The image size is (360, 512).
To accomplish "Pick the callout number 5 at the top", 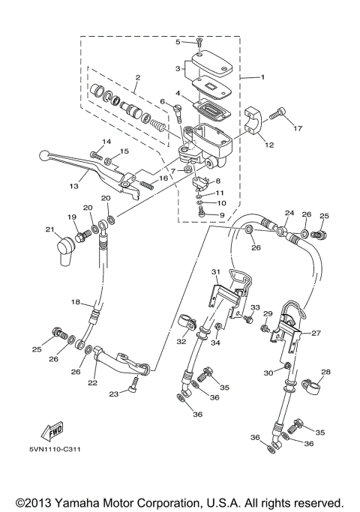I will [178, 42].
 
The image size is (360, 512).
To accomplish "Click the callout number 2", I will [137, 77].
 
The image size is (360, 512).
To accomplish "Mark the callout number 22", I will [92, 382].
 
